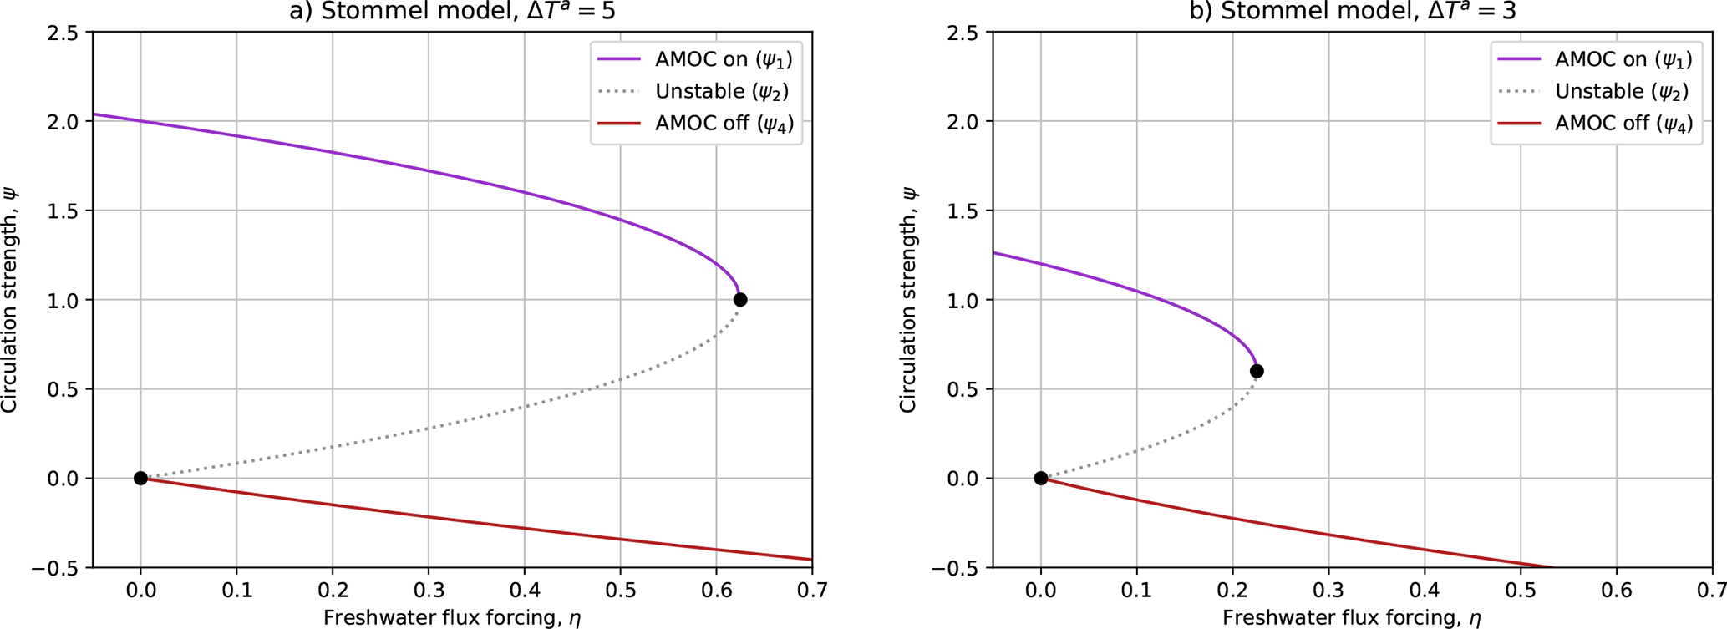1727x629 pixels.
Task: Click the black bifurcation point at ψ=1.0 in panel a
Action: [x=739, y=300]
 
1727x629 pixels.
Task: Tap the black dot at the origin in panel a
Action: [x=140, y=479]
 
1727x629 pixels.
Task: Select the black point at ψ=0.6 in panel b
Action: [x=1256, y=372]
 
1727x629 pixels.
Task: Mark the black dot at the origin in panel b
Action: [x=1040, y=479]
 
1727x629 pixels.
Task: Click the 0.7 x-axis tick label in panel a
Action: [x=811, y=591]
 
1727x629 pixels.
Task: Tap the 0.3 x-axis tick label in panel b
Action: [x=1328, y=591]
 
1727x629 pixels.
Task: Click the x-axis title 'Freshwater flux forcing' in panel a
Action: [x=452, y=618]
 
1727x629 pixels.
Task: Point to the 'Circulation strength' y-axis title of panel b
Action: [x=909, y=300]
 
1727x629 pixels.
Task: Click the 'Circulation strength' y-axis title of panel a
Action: [x=10, y=300]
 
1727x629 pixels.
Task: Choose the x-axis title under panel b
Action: [x=1351, y=618]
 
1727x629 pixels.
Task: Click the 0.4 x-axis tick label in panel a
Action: [x=524, y=591]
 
